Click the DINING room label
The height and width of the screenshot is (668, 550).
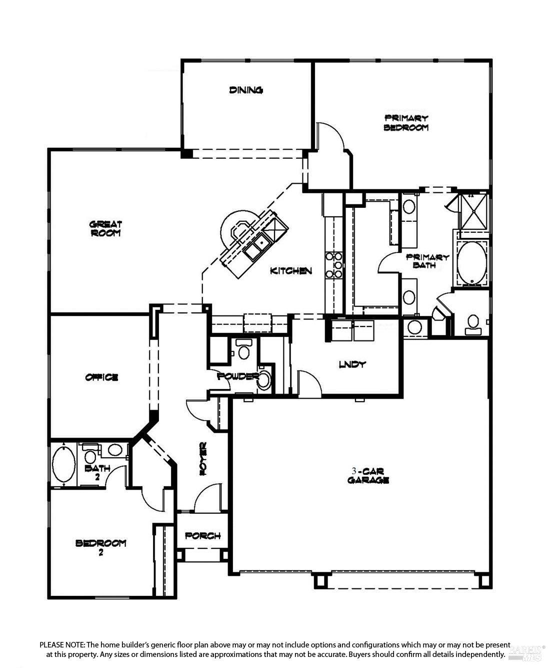246,90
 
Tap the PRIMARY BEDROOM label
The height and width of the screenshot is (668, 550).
406,123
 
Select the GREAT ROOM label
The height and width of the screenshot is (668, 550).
105,229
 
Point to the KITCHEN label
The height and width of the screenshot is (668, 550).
291,271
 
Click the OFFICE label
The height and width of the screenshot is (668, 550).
101,377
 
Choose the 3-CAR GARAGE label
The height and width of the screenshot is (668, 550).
368,476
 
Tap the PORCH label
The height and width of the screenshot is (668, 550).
203,536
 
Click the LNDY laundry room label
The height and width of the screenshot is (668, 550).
352,365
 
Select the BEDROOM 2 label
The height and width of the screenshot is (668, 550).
100,548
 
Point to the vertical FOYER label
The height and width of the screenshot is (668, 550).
203,459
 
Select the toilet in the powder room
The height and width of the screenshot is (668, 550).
244,350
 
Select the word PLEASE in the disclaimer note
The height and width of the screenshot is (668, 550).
51,644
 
